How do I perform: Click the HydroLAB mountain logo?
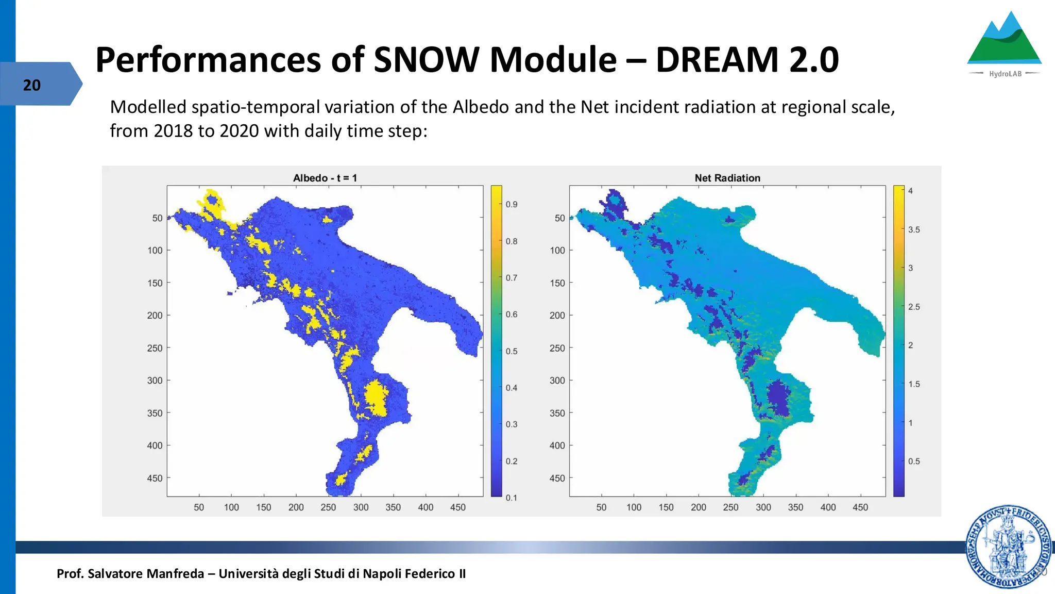click(x=1004, y=44)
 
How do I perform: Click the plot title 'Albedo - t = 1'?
click(x=325, y=178)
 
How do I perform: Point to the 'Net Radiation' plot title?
click(x=727, y=178)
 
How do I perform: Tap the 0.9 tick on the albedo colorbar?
click(x=511, y=204)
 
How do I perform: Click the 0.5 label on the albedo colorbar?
click(x=511, y=351)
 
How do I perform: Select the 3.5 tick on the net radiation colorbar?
click(x=913, y=229)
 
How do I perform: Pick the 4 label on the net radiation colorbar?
click(x=910, y=191)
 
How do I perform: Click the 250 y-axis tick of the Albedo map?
click(x=155, y=348)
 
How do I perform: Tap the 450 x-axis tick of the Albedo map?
click(x=457, y=507)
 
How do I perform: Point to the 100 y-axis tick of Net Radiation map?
click(x=557, y=251)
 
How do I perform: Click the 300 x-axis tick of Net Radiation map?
click(x=763, y=507)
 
